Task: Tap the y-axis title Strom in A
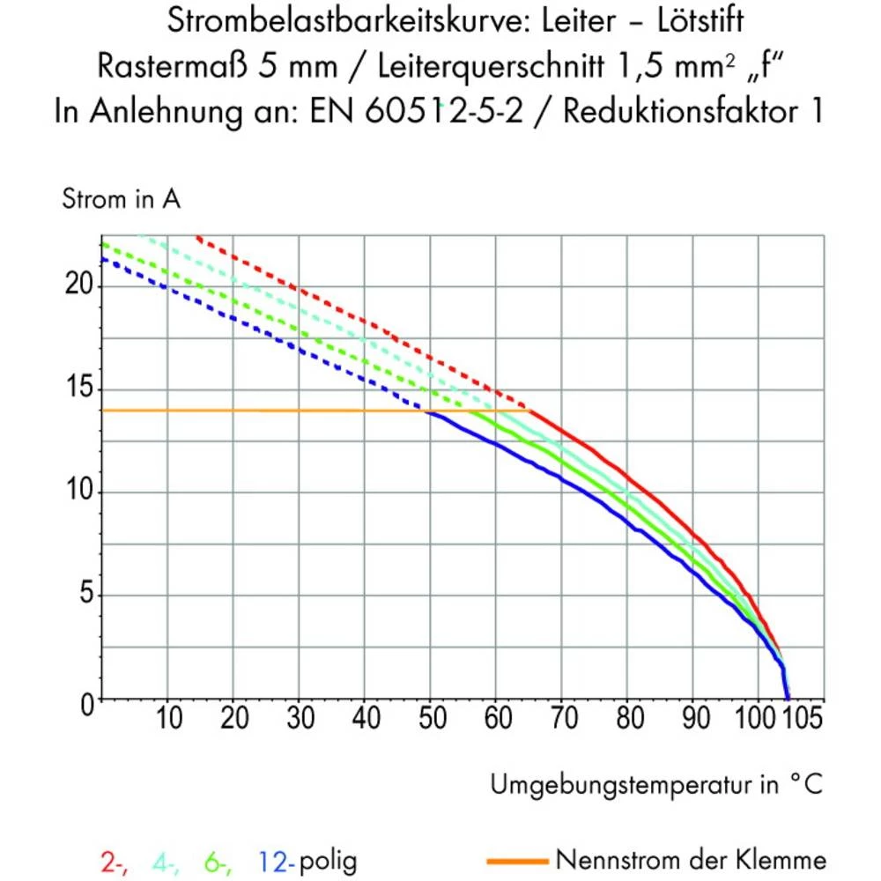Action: click(121, 200)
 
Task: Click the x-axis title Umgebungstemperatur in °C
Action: click(657, 783)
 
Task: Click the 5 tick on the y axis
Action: click(85, 596)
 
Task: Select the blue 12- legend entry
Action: click(275, 860)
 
